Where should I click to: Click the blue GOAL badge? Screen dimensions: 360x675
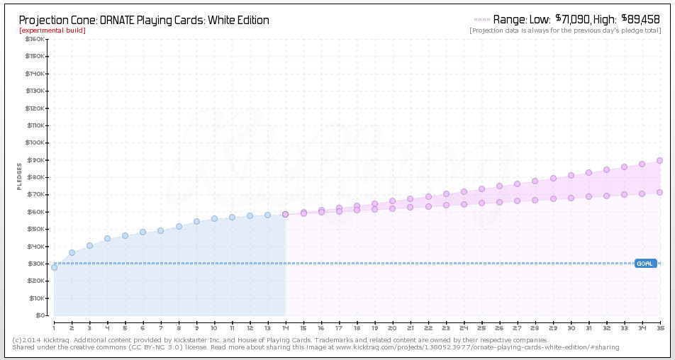pyautogui.click(x=645, y=264)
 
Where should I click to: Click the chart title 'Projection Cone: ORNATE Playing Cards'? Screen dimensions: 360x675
pyautogui.click(x=144, y=20)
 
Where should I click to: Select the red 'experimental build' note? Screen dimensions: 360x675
pyautogui.click(x=52, y=30)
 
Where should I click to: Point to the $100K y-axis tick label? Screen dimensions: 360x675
pyautogui.click(x=35, y=142)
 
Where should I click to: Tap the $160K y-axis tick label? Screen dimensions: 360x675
pyautogui.click(x=35, y=39)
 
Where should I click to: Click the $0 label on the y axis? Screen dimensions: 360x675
pyautogui.click(x=40, y=315)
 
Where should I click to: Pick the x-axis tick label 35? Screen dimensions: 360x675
pyautogui.click(x=659, y=327)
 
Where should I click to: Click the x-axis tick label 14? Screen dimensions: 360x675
pyautogui.click(x=285, y=327)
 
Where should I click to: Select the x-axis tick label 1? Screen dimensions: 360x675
pyautogui.click(x=54, y=327)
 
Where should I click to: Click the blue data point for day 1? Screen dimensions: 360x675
pyautogui.click(x=54, y=267)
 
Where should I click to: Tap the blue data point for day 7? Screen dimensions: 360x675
pyautogui.click(x=161, y=230)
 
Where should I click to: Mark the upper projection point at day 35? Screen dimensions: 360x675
pyautogui.click(x=659, y=160)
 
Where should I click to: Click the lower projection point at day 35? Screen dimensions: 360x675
pyautogui.click(x=659, y=192)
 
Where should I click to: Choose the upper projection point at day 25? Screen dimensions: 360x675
pyautogui.click(x=481, y=189)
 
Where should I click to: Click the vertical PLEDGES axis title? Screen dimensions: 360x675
pyautogui.click(x=20, y=176)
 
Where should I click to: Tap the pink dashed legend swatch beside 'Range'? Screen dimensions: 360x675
pyautogui.click(x=481, y=20)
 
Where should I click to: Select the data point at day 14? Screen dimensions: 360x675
pyautogui.click(x=285, y=214)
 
